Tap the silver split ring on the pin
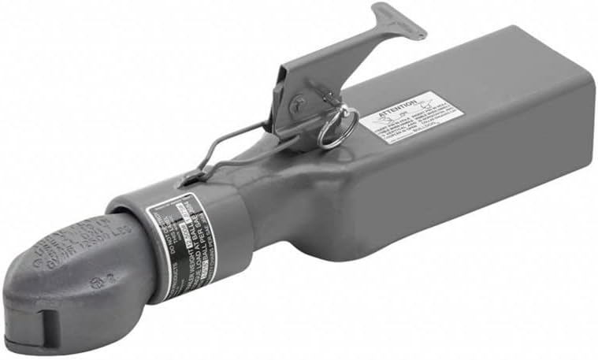pos(337,128)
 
